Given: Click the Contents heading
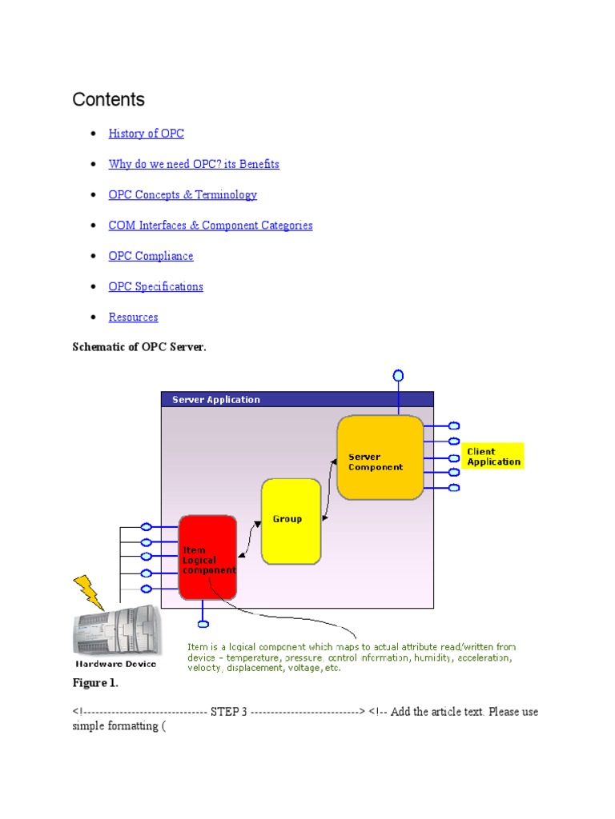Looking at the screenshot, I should pos(109,100).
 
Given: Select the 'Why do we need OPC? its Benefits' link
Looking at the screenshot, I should pos(194,164).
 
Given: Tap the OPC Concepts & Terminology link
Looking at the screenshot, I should pos(183,194).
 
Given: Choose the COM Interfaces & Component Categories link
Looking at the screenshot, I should pos(211,226).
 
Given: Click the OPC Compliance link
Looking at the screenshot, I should pos(151,256).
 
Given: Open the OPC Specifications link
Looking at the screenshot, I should pos(156,286).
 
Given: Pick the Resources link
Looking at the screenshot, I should pos(133,317).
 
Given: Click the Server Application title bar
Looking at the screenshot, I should pos(297,399).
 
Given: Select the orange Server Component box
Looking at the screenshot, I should pos(380,457).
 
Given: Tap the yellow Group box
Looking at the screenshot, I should pos(291,521).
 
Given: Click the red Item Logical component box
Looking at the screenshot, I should pos(207,557).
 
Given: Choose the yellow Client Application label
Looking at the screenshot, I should pos(493,457).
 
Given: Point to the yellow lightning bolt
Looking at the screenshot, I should pos(88,593).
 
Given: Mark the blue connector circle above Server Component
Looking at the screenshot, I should pos(398,375).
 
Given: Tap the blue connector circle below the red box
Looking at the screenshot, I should pos(203,623).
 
